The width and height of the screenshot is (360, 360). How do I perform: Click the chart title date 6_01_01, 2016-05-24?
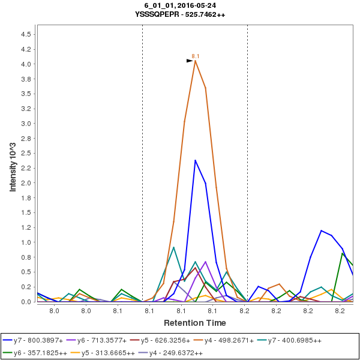click(180, 5)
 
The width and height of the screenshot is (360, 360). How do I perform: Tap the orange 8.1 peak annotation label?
click(195, 56)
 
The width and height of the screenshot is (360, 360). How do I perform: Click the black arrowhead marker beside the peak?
click(190, 61)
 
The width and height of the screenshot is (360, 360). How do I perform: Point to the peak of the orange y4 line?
click(195, 61)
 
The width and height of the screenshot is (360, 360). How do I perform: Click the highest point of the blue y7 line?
click(195, 160)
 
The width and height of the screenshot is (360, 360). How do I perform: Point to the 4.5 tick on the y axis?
click(26, 34)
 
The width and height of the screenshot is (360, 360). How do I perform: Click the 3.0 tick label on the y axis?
click(26, 124)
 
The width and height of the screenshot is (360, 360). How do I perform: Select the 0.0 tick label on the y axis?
click(26, 302)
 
